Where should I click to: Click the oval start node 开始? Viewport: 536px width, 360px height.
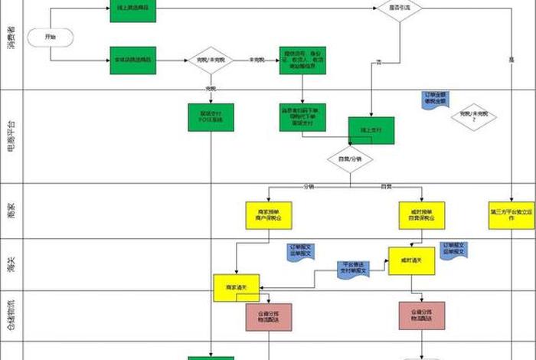tap(51, 36)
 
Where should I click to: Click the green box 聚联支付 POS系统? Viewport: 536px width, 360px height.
tap(211, 117)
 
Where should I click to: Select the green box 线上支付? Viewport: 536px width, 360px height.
tap(371, 130)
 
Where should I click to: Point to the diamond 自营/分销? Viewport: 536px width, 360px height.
tap(351, 159)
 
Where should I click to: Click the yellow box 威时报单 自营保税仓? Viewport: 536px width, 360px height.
tap(422, 214)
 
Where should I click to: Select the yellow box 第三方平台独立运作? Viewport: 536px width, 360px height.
tap(511, 214)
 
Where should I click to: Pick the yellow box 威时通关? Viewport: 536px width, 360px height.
tap(412, 260)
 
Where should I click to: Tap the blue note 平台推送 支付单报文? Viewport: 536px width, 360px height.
tap(353, 269)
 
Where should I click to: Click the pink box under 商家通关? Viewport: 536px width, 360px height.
tap(269, 316)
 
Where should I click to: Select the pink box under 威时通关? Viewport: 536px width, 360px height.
tap(422, 316)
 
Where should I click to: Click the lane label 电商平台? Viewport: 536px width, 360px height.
tap(10, 136)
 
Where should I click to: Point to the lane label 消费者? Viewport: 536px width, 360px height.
tap(10, 36)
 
